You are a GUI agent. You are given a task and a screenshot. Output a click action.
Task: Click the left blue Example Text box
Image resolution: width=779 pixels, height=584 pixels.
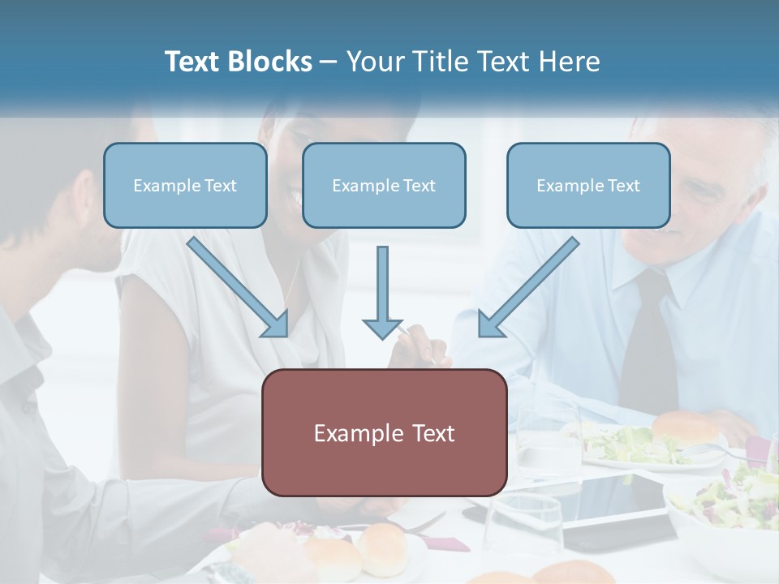(x=185, y=185)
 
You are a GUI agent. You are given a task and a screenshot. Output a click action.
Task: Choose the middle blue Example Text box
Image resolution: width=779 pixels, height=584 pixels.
(x=384, y=185)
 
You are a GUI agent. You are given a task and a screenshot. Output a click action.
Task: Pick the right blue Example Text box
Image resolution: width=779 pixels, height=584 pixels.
(x=588, y=185)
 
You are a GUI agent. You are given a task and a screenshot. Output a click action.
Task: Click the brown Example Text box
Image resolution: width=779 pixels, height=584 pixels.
(x=384, y=432)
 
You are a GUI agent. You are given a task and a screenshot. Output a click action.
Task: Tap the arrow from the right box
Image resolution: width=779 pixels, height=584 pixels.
(x=527, y=287)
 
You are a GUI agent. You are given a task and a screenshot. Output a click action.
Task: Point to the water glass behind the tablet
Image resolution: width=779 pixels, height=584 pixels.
(x=548, y=438)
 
